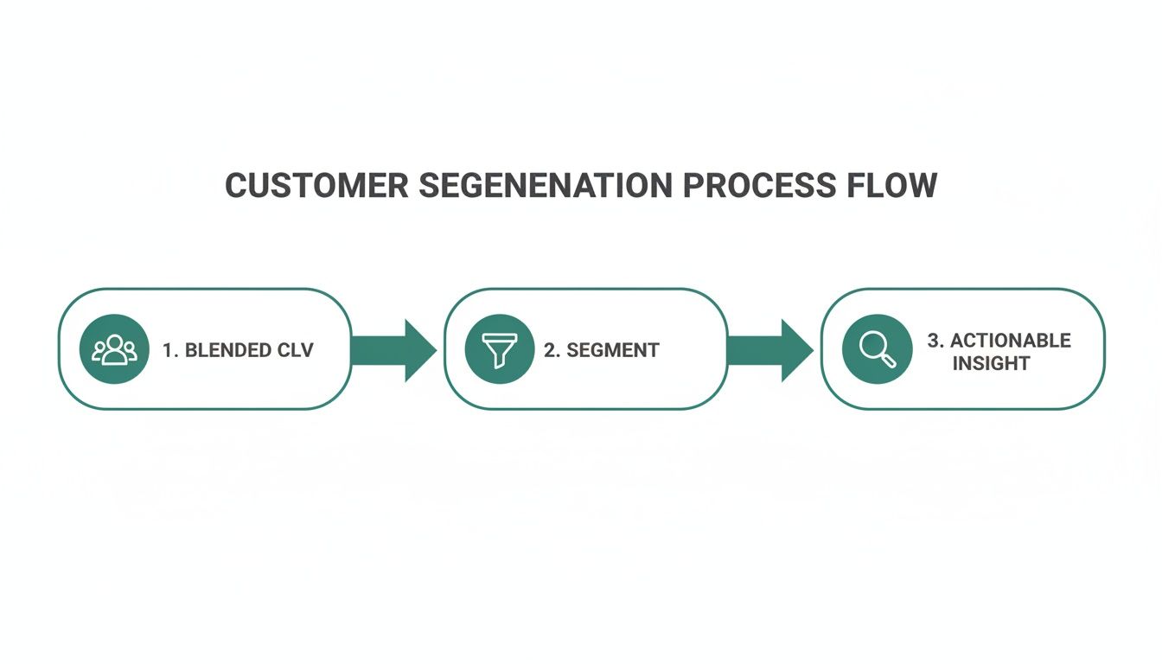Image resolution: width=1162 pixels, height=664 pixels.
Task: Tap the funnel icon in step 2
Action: pos(499,349)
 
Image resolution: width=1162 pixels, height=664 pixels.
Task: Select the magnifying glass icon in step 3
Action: pos(877,349)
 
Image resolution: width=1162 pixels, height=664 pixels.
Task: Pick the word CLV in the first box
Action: pos(296,350)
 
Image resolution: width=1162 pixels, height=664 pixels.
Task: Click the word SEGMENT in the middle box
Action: pos(614,350)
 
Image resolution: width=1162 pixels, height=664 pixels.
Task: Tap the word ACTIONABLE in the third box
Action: pos(1011,341)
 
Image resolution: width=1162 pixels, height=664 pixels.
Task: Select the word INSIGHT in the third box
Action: pos(991,363)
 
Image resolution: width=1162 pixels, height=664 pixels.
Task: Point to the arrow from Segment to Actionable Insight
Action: pos(769,350)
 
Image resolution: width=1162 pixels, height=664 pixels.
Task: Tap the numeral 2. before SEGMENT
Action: pos(552,350)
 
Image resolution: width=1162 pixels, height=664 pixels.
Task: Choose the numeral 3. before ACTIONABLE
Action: pos(935,341)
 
